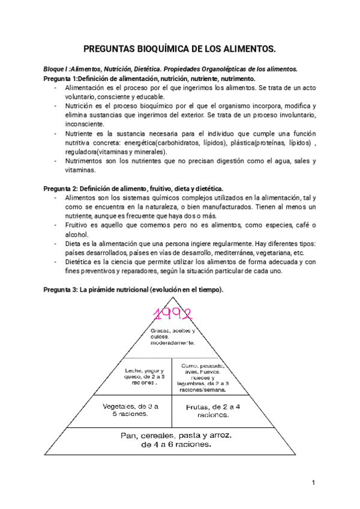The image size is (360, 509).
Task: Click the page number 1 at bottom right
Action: (313, 483)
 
